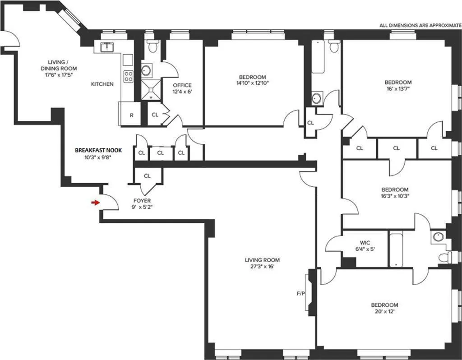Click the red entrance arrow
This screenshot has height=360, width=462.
click(x=95, y=203)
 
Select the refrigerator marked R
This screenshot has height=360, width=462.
click(x=131, y=115)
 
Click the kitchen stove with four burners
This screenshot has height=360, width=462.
click(x=128, y=76)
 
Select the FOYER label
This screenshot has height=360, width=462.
click(x=142, y=201)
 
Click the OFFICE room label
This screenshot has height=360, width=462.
click(x=182, y=85)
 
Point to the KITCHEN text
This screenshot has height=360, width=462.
click(x=102, y=84)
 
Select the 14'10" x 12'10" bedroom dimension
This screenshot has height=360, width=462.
click(x=252, y=83)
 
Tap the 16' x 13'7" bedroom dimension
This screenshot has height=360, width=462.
click(x=398, y=89)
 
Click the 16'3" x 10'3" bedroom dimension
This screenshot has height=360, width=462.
click(x=395, y=196)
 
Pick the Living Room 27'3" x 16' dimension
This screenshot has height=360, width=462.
click(x=262, y=267)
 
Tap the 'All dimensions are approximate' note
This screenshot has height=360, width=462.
click(x=420, y=26)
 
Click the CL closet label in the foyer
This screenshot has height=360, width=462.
click(x=147, y=176)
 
